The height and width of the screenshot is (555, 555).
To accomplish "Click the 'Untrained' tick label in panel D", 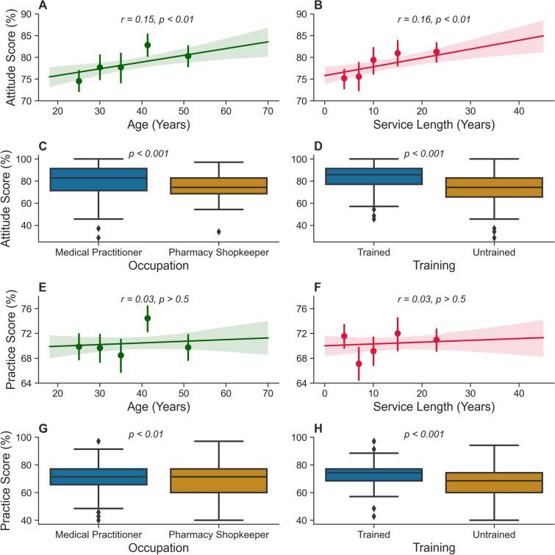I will click(490, 250).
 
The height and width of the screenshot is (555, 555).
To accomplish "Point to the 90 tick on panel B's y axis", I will click(304, 14).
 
